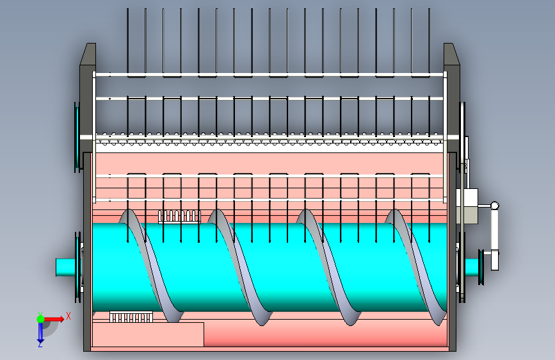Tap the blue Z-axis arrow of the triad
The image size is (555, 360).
click(x=40, y=332)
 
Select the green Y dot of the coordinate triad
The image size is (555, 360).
click(x=40, y=318)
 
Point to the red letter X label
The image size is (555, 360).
click(x=68, y=316)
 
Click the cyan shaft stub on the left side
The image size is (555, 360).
click(x=65, y=266)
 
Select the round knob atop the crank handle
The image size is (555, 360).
click(x=494, y=206)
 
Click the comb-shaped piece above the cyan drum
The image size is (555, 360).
click(x=179, y=216)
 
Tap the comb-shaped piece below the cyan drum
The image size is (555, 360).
click(x=131, y=316)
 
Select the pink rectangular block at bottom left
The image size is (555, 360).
click(x=148, y=334)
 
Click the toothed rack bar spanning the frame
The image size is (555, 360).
click(x=269, y=138)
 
